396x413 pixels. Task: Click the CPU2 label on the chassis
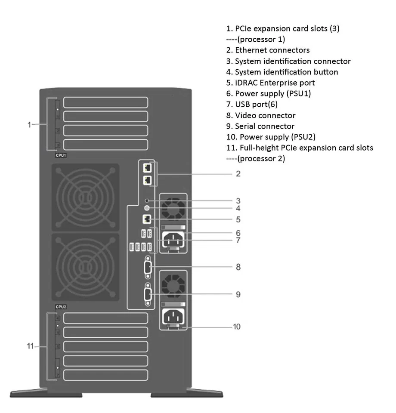pos(60,307)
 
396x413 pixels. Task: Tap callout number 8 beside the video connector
pos(238,267)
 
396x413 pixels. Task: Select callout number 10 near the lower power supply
pos(237,327)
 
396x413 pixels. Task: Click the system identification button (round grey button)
pos(148,208)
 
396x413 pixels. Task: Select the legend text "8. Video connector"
pos(261,115)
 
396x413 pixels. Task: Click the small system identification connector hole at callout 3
pos(148,200)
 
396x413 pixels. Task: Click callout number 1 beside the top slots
pos(29,125)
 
